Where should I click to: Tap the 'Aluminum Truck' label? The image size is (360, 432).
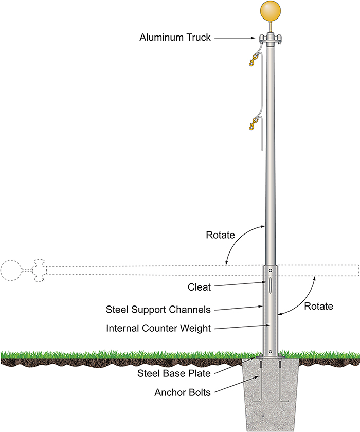coord(175,37)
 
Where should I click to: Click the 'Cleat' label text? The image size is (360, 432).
coord(199,287)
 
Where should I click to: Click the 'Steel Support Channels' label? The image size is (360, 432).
coord(158,310)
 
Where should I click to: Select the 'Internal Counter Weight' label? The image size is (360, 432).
coord(158,328)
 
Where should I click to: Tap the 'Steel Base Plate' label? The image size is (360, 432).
coord(174,373)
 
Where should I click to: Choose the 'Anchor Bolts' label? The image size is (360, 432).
coord(183,392)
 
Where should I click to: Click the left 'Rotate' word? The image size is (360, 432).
coord(220,235)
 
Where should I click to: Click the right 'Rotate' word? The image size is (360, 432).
coord(318,306)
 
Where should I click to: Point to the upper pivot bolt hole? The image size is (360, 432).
coord(271,271)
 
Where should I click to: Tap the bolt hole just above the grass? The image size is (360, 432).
coord(271,352)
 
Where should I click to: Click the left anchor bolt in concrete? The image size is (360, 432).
coord(260,380)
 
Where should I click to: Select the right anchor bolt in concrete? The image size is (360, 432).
coord(280,380)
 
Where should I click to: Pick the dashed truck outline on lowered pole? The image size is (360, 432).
coord(39,271)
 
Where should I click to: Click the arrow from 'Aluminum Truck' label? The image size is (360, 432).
coord(235,38)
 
